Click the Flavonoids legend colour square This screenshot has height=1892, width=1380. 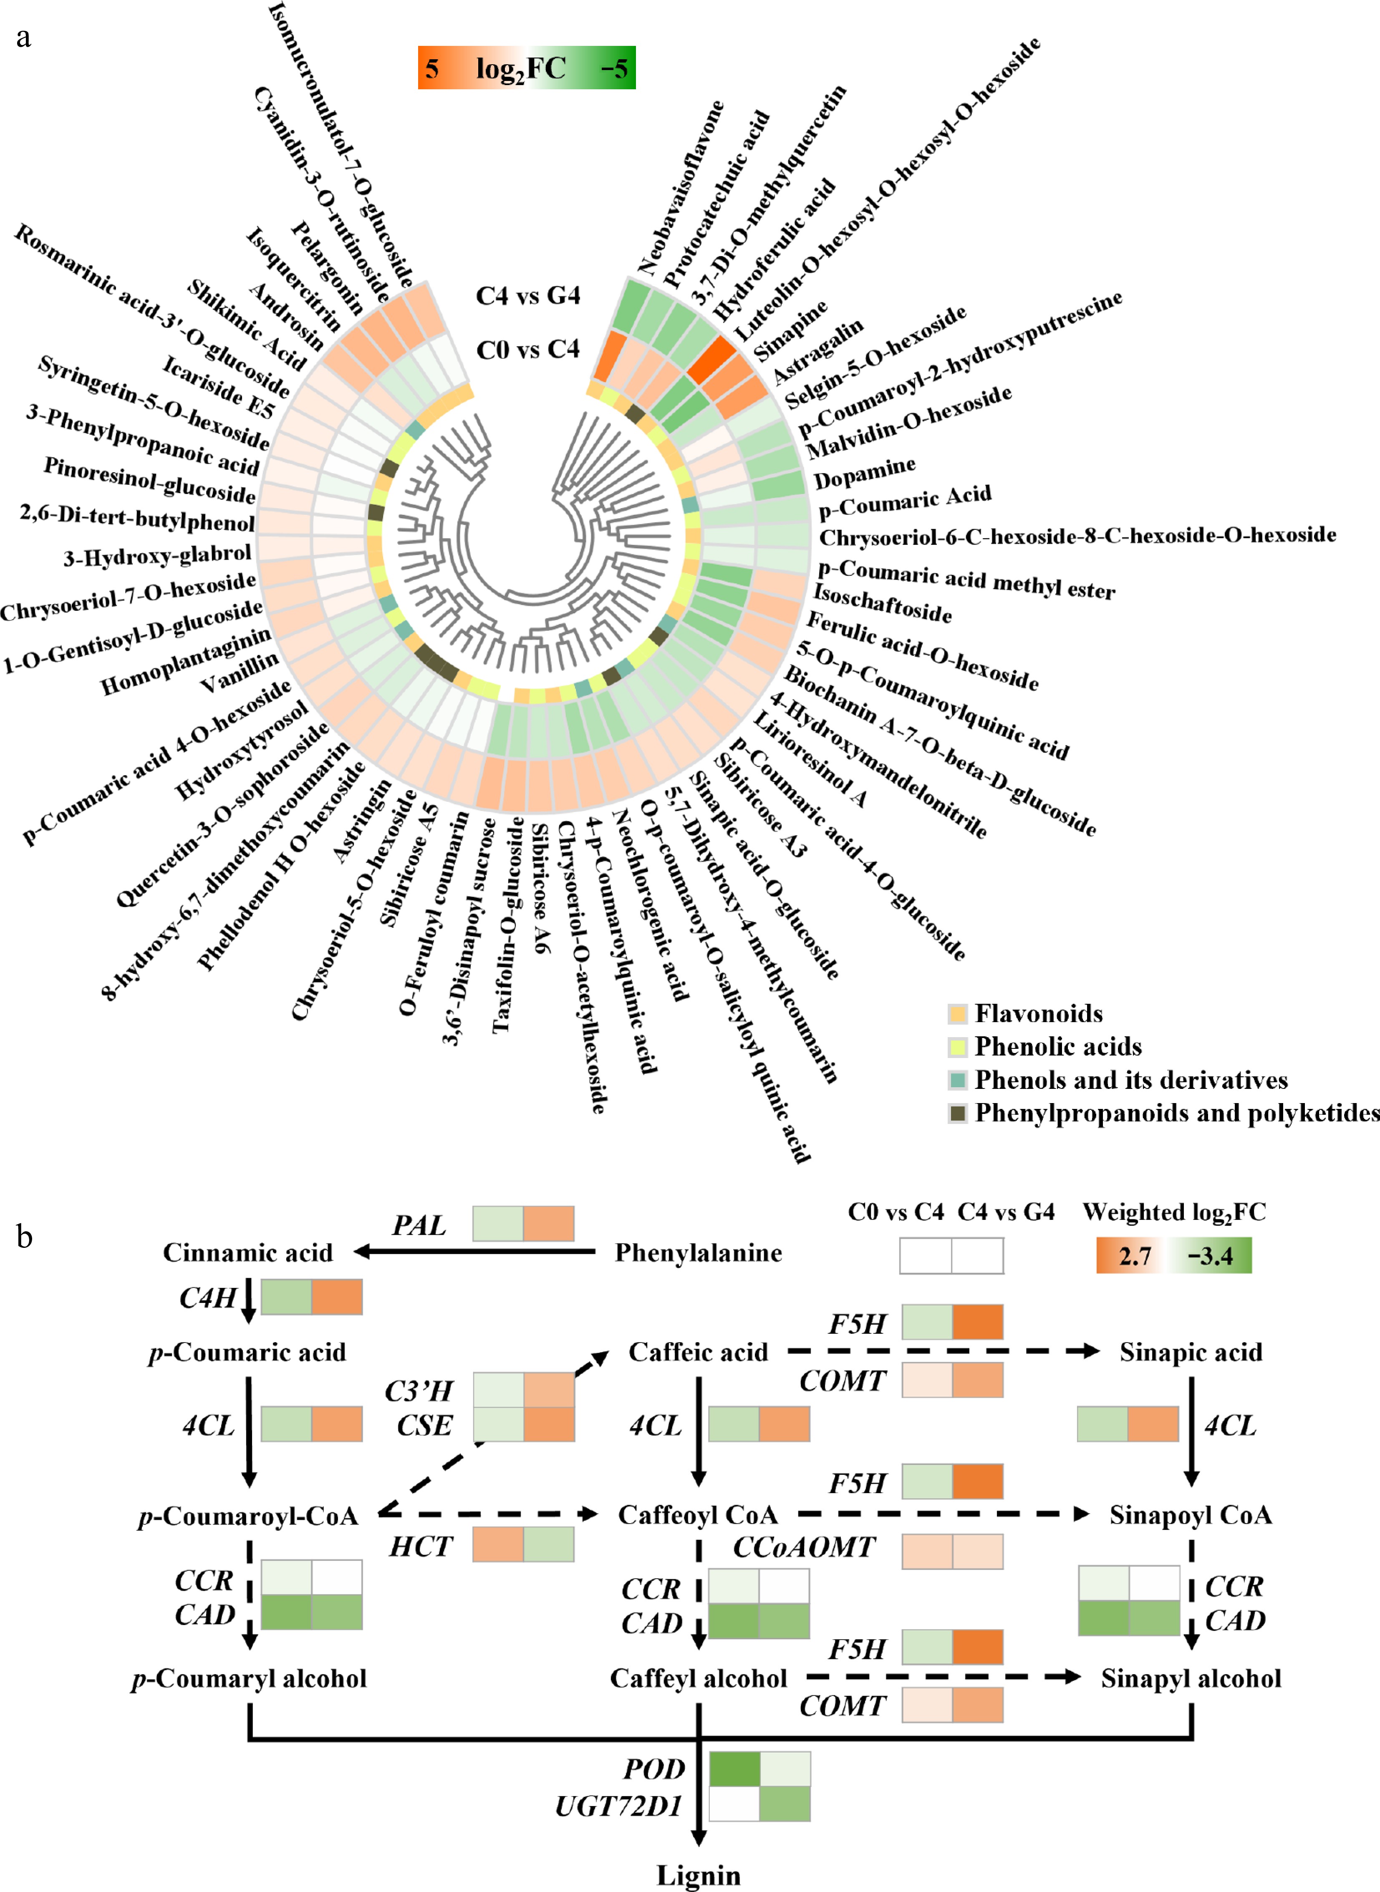(957, 1014)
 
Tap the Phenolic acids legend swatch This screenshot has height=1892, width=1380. (957, 1047)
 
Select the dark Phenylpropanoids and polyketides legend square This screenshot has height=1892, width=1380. (957, 1113)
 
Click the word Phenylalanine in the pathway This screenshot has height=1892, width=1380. (699, 1252)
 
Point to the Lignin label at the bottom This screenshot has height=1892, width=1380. (699, 1875)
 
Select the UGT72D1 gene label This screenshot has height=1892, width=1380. (619, 1806)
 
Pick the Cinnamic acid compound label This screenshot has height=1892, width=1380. (247, 1252)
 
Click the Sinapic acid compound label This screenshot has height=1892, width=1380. (1191, 1352)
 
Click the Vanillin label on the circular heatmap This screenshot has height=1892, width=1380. (240, 673)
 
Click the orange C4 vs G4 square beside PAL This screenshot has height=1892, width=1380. (549, 1223)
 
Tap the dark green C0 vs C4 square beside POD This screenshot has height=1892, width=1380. (734, 1769)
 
